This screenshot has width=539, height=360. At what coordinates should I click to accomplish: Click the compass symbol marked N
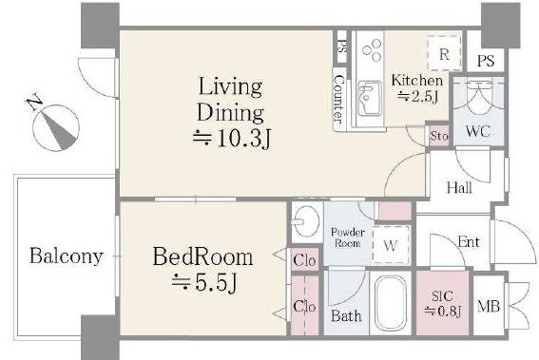(56, 127)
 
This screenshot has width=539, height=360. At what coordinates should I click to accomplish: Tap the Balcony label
(67, 256)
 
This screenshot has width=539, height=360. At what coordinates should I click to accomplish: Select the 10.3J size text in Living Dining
(232, 139)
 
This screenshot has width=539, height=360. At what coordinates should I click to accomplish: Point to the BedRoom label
(202, 257)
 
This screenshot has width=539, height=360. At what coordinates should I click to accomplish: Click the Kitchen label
(417, 81)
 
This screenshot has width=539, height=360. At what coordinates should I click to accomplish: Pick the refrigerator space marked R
(444, 52)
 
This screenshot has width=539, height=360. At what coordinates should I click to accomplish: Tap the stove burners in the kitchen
(372, 50)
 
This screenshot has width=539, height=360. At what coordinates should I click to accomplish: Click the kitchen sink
(370, 98)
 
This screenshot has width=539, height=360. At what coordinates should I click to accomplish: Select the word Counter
(339, 100)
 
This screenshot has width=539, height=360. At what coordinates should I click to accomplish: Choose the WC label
(478, 131)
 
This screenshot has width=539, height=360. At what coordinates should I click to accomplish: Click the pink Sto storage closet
(438, 136)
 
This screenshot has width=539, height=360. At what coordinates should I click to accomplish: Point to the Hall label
(459, 187)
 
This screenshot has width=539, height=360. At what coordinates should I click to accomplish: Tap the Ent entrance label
(469, 242)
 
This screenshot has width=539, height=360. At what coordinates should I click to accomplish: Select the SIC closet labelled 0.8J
(442, 303)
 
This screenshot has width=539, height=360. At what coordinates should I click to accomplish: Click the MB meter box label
(489, 305)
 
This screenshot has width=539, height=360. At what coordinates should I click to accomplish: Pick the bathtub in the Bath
(390, 303)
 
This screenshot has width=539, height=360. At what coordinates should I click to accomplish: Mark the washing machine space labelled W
(391, 245)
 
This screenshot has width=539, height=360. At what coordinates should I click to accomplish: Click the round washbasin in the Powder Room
(306, 221)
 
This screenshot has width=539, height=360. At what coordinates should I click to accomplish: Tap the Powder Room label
(348, 237)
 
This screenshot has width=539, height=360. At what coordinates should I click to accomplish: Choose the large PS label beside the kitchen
(486, 61)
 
